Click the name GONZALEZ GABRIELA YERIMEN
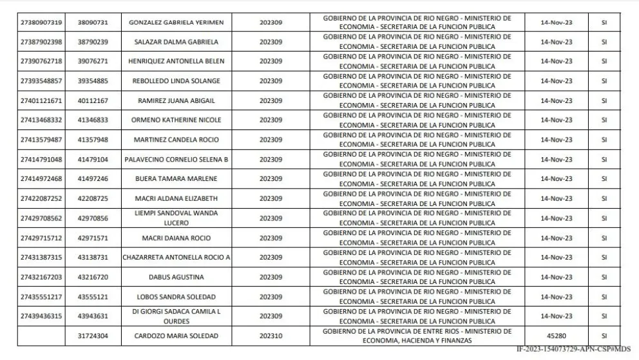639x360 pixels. click(x=176, y=23)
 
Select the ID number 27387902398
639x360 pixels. click(x=41, y=42)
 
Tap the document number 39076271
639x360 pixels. click(x=93, y=61)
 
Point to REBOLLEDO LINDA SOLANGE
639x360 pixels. click(x=176, y=81)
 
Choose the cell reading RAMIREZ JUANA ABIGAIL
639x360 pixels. click(x=176, y=100)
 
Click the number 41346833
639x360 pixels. click(x=93, y=120)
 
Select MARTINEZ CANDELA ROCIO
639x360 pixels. click(x=176, y=140)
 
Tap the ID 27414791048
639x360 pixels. click(x=41, y=159)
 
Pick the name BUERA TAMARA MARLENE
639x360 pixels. click(x=176, y=178)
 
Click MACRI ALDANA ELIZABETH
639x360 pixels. click(x=176, y=198)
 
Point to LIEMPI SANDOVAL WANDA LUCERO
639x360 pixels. click(x=176, y=218)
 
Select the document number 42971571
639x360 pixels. click(x=93, y=238)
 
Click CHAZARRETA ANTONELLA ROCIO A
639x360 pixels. click(x=176, y=257)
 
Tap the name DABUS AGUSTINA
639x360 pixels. click(x=176, y=277)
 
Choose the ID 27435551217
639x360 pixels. click(x=41, y=296)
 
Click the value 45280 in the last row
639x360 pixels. click(x=557, y=336)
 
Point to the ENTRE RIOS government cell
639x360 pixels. click(x=418, y=336)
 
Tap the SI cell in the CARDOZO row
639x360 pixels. click(x=604, y=336)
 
